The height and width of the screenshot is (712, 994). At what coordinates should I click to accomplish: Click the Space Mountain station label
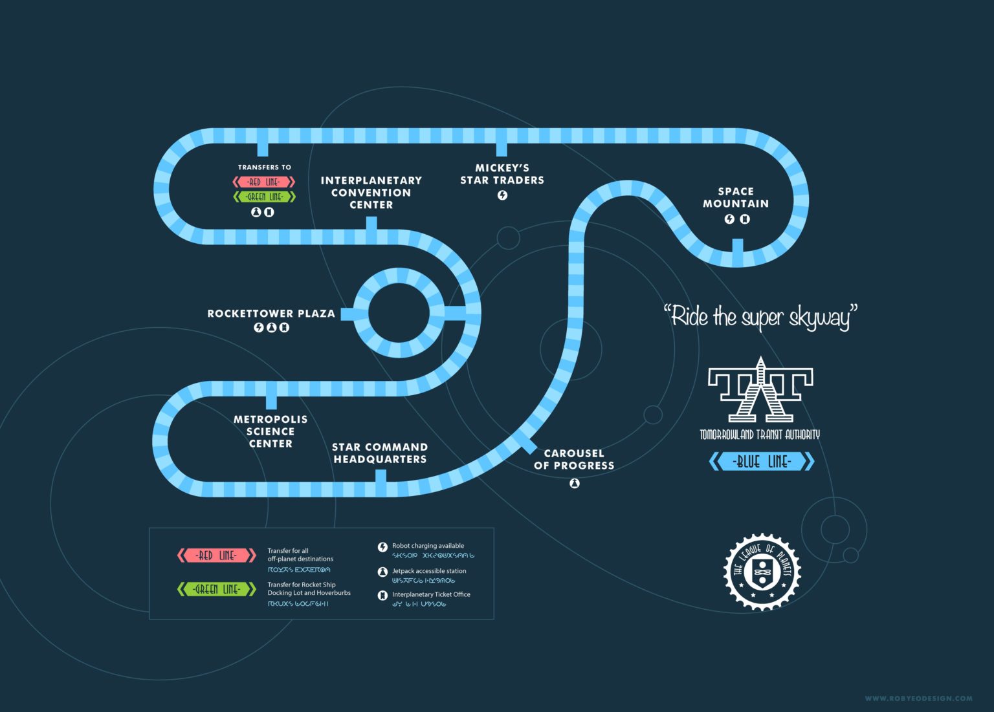click(x=736, y=197)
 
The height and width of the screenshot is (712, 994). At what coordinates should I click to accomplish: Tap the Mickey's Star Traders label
click(x=502, y=174)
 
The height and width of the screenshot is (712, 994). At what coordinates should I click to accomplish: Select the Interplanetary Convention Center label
click(x=371, y=193)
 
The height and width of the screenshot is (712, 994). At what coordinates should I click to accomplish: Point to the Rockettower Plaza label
click(x=271, y=314)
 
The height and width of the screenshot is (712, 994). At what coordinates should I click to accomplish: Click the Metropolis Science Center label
click(x=271, y=431)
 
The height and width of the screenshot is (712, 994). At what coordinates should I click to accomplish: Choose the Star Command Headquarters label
click(x=380, y=453)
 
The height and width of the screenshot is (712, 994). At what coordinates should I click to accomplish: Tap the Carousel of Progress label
click(x=574, y=459)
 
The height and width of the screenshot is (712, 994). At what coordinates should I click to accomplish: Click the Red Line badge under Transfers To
click(x=264, y=182)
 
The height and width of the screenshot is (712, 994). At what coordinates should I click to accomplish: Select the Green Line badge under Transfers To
click(x=264, y=197)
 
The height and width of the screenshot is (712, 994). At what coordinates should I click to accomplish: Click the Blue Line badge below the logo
click(x=762, y=462)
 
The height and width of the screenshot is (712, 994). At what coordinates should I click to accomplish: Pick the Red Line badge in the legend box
click(x=217, y=556)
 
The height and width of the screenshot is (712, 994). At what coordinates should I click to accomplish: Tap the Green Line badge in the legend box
click(x=217, y=589)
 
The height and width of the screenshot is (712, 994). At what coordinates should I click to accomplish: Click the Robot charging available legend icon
click(x=382, y=547)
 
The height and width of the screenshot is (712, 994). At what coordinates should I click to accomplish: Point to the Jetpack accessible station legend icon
click(x=382, y=572)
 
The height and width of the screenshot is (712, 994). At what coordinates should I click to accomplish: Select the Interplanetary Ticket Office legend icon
click(x=382, y=595)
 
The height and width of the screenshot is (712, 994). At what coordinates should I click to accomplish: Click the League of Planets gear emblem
click(x=762, y=572)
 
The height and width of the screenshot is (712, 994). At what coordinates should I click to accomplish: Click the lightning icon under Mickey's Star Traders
click(x=502, y=195)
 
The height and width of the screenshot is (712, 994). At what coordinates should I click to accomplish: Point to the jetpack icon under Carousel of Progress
click(x=574, y=483)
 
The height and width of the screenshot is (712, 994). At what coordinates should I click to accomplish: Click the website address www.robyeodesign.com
click(x=918, y=698)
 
